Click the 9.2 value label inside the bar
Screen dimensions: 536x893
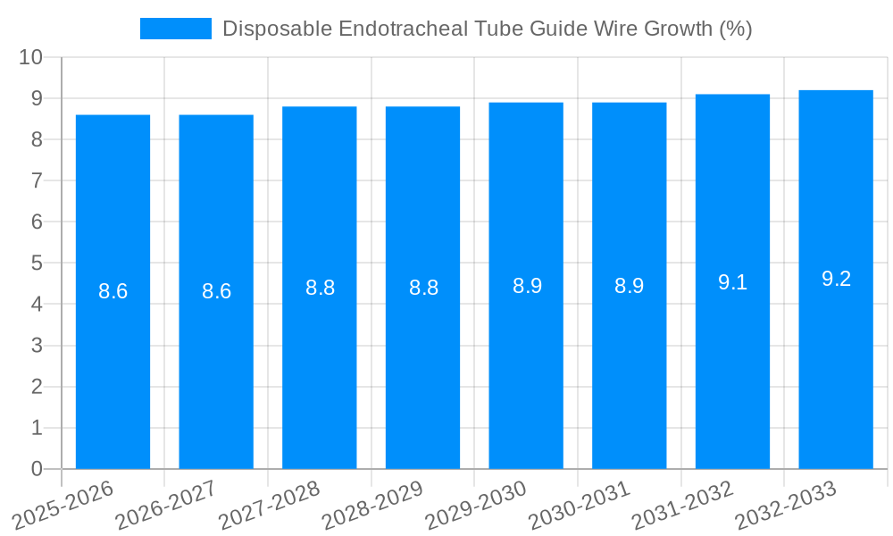click(836, 279)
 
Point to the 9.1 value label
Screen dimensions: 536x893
click(732, 282)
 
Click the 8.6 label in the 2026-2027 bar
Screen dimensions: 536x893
click(216, 291)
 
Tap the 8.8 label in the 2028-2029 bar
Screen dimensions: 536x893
click(423, 288)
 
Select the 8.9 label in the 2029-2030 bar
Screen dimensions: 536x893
click(527, 286)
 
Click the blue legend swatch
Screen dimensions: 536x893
click(176, 29)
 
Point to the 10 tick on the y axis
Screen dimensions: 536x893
click(30, 57)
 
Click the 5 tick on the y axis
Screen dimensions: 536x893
click(37, 263)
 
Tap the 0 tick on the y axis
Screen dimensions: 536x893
click(37, 469)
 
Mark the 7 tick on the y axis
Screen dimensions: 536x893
click(37, 180)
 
